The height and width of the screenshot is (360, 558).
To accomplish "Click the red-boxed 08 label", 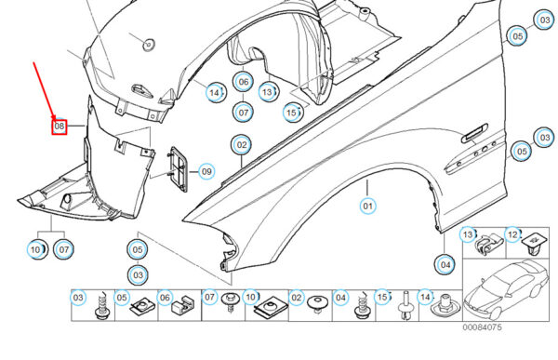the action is pyautogui.click(x=60, y=127).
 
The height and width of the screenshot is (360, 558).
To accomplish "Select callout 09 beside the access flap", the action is pyautogui.click(x=206, y=172).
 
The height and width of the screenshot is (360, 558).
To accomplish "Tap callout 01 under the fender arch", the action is pyautogui.click(x=367, y=206).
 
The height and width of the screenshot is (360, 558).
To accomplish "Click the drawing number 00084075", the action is pyautogui.click(x=482, y=327).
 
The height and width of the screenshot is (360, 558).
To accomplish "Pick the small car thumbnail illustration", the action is pyautogui.click(x=507, y=289).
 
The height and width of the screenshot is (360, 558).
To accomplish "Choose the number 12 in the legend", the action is pyautogui.click(x=512, y=234).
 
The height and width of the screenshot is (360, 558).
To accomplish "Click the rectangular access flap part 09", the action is pyautogui.click(x=178, y=169).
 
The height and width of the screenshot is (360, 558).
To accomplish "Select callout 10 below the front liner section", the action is pyautogui.click(x=36, y=249).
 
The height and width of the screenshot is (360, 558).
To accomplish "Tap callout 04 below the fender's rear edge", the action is pyautogui.click(x=445, y=265).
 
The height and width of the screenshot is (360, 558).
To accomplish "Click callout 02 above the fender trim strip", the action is pyautogui.click(x=241, y=145).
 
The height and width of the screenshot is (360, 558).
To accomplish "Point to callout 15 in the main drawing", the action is pyautogui.click(x=292, y=113).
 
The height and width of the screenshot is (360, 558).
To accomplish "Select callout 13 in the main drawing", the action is pyautogui.click(x=268, y=92).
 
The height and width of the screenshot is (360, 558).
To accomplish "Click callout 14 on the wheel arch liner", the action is pyautogui.click(x=215, y=93).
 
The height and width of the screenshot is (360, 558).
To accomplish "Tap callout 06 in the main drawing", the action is pyautogui.click(x=244, y=82).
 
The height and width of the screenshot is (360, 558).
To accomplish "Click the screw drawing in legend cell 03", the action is pyautogui.click(x=101, y=306).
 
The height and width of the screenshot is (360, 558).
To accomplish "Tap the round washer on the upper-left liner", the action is pyautogui.click(x=149, y=44).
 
